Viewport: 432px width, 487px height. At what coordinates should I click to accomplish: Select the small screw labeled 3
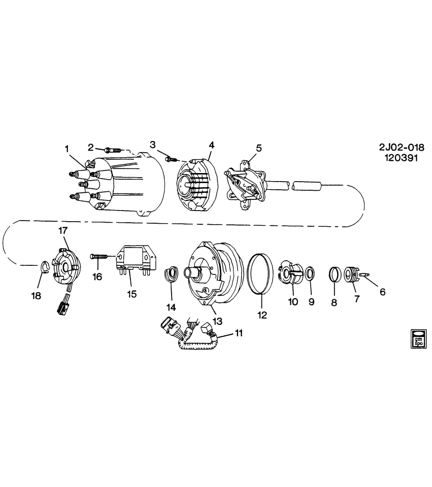(x=171, y=159)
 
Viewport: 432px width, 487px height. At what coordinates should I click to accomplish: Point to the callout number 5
(x=258, y=148)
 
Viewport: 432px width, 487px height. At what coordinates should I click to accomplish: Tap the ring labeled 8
(x=335, y=274)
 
